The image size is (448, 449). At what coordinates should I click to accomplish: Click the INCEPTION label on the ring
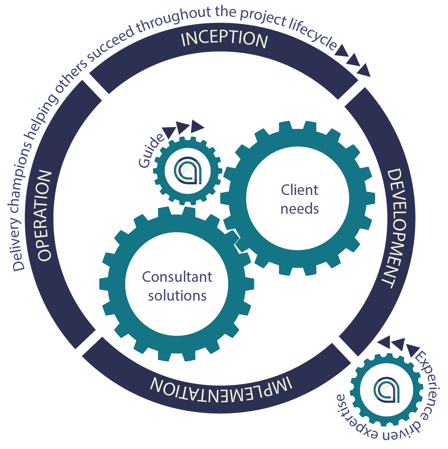(224, 40)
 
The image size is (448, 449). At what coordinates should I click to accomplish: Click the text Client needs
(300, 199)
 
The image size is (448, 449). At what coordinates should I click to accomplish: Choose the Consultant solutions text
(177, 286)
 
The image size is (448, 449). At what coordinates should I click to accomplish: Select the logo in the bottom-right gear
(387, 390)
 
